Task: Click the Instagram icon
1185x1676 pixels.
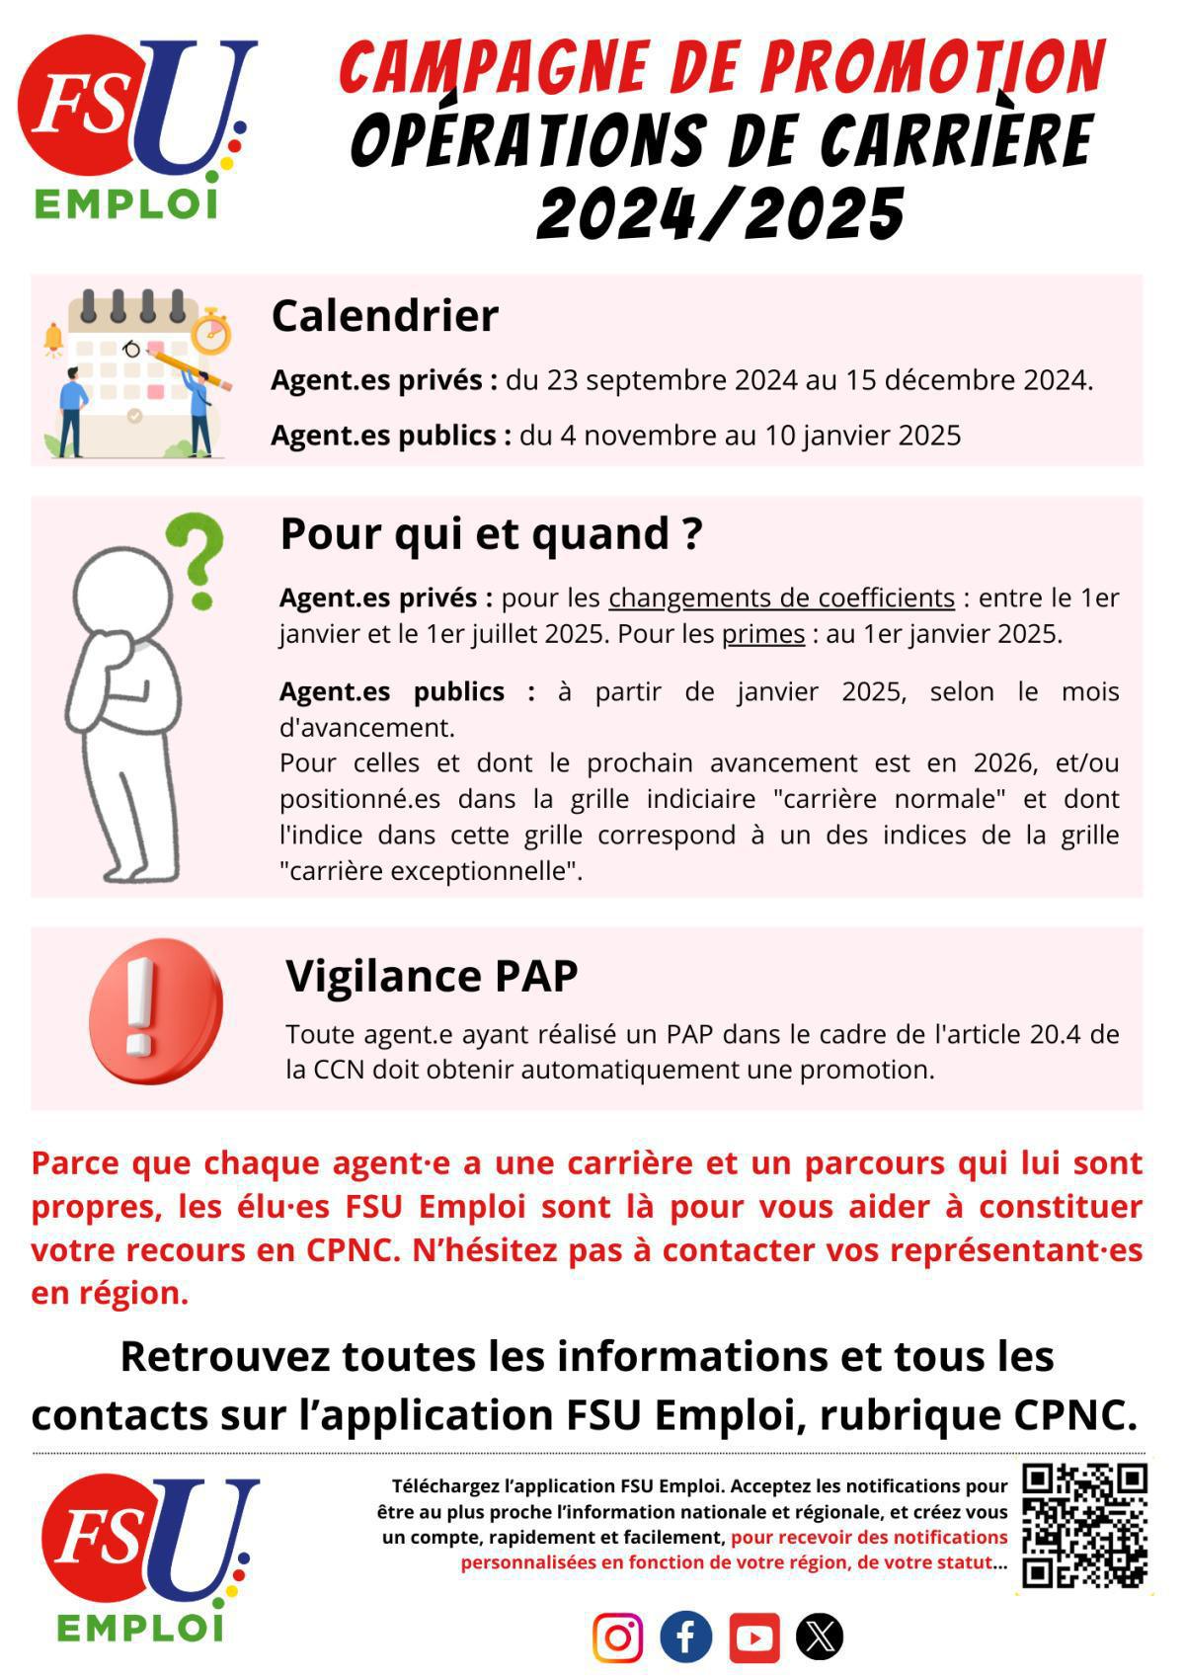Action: click(618, 1636)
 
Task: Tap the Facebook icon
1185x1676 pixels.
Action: click(686, 1636)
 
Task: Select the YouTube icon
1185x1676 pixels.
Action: click(754, 1637)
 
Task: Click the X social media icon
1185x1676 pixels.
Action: click(821, 1636)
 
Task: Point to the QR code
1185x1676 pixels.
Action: click(1084, 1525)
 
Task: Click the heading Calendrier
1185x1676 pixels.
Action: click(384, 316)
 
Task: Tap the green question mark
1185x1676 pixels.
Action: click(197, 558)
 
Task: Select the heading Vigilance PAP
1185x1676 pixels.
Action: click(432, 976)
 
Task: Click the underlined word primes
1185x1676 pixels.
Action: click(762, 634)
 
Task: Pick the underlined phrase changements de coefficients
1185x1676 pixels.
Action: click(781, 599)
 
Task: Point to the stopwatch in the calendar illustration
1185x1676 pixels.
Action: click(211, 331)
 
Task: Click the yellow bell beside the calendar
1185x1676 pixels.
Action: click(53, 340)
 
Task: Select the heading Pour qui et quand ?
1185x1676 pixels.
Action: click(491, 533)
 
